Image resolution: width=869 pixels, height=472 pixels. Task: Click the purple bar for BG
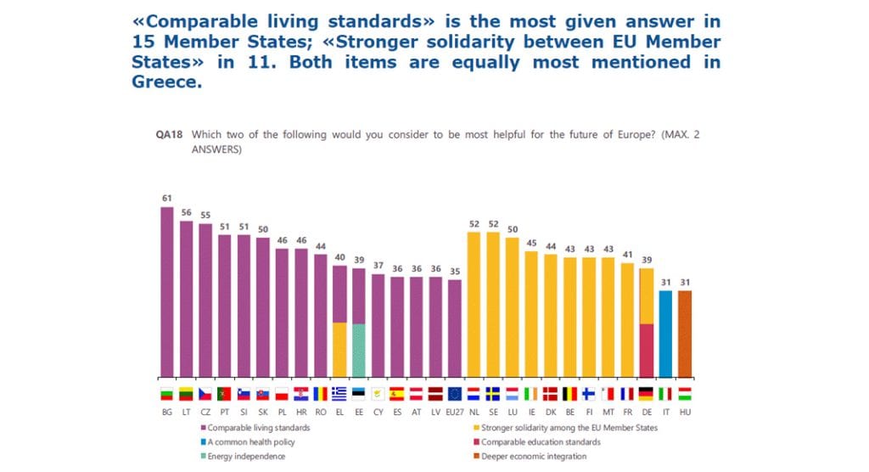(x=167, y=292)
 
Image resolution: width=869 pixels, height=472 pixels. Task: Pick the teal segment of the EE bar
(x=359, y=350)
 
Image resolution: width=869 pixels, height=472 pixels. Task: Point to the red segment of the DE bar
(x=647, y=350)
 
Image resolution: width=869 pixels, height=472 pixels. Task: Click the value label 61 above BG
(x=167, y=199)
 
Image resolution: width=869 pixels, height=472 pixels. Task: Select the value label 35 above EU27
(x=455, y=272)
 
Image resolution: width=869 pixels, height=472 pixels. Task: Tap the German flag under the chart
(x=647, y=394)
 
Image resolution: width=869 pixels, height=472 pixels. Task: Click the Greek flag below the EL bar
(x=339, y=394)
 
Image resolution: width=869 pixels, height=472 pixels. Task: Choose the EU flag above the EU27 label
(x=455, y=394)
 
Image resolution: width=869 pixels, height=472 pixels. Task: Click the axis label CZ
(x=205, y=411)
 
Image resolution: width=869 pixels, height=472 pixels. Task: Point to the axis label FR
(x=627, y=411)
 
